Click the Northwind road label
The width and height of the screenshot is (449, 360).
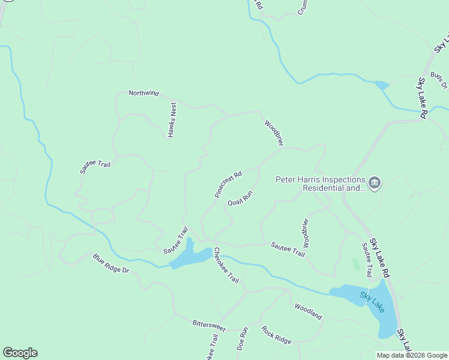click(144, 93)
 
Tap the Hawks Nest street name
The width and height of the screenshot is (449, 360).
click(173, 120)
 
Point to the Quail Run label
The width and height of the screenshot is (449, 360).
click(241, 199)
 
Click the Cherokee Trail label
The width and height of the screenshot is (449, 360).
click(226, 265)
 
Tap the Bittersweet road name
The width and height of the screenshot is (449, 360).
click(209, 325)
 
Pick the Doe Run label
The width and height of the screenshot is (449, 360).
click(243, 338)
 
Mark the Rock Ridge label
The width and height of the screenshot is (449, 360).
click(276, 335)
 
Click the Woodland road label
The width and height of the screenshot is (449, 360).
click(308, 311)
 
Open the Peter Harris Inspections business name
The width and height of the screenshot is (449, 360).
click(321, 184)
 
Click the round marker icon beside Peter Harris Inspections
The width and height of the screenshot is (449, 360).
click(375, 182)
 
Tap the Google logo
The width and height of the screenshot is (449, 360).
click(20, 353)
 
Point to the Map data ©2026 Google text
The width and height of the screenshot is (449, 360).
click(411, 355)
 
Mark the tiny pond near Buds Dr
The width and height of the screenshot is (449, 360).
click(382, 85)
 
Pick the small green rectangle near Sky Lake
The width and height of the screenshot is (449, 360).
click(355, 264)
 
